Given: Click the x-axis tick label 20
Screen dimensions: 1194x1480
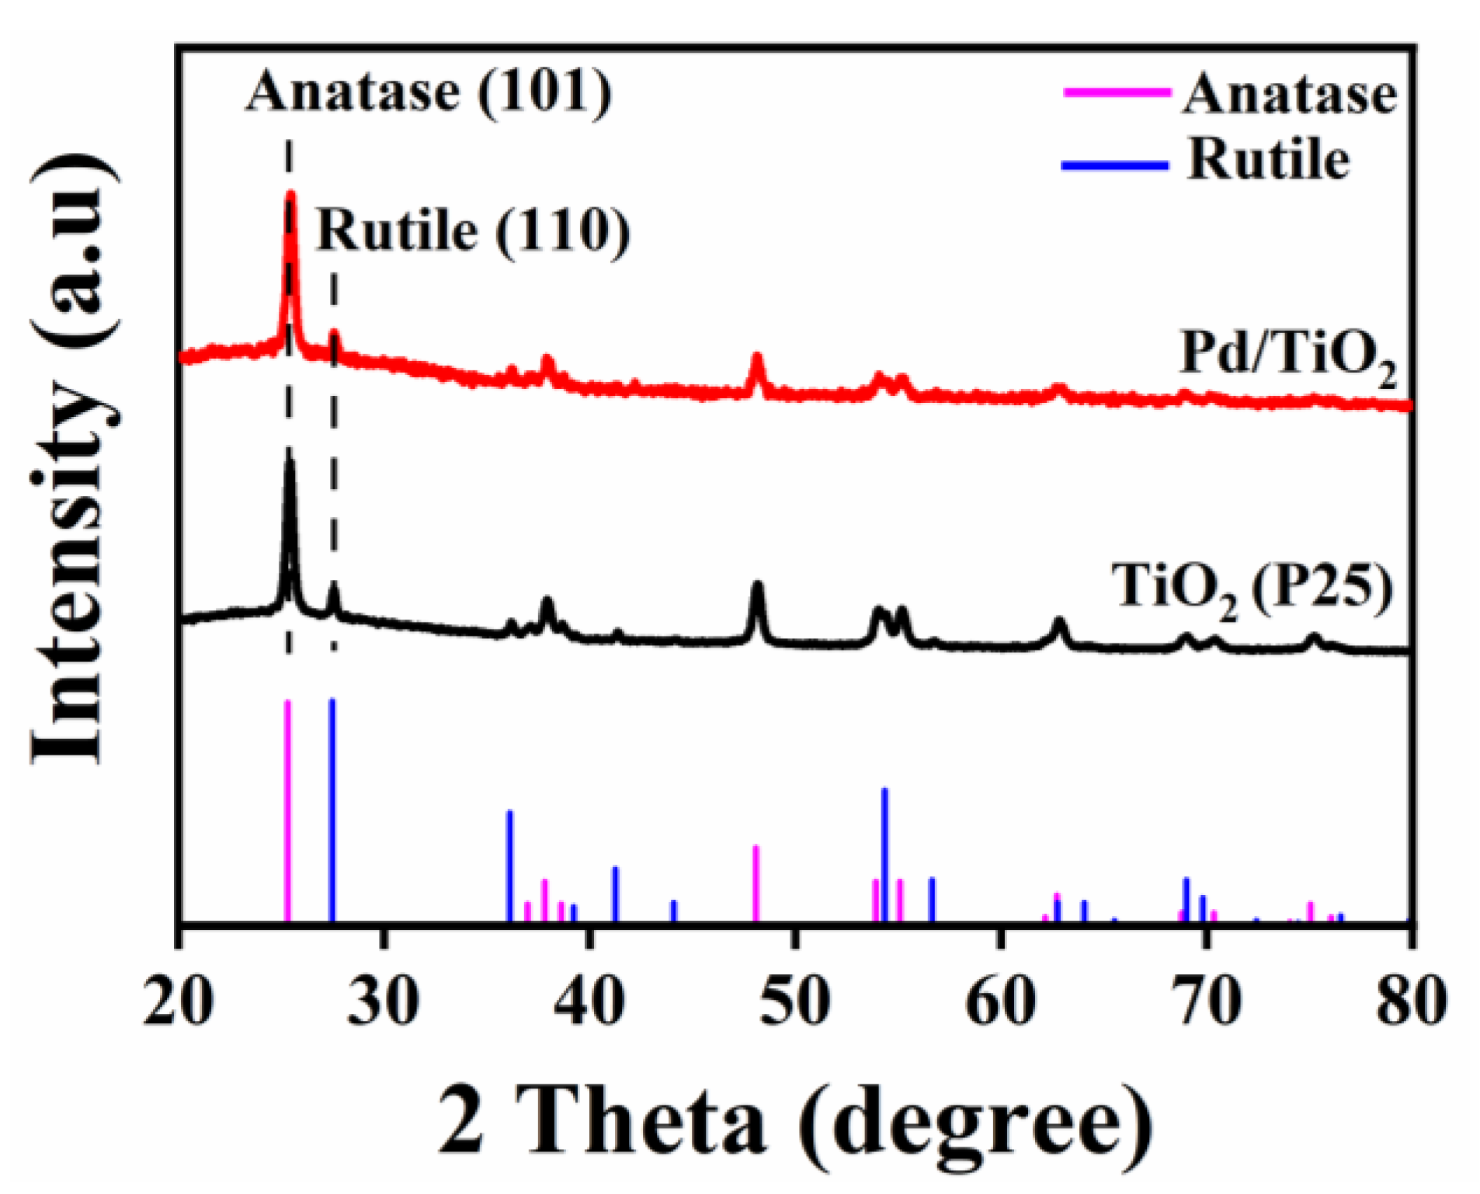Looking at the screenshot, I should click(179, 1001).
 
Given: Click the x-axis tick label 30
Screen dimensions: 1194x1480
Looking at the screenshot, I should click(384, 1001).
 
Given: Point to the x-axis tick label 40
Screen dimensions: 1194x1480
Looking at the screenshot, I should click(589, 1001).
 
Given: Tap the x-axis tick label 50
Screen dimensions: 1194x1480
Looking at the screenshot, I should click(794, 1001).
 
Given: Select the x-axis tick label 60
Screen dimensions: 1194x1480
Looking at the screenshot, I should click(1000, 1001).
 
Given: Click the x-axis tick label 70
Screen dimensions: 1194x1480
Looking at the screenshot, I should click(1205, 1001).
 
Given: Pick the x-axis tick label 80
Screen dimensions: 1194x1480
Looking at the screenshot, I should click(1411, 1001).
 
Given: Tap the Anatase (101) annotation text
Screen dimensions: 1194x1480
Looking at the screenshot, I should click(429, 92).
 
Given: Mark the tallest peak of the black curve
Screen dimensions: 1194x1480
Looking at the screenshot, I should click(290, 453).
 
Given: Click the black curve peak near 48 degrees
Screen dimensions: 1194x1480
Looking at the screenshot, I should click(758, 584).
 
